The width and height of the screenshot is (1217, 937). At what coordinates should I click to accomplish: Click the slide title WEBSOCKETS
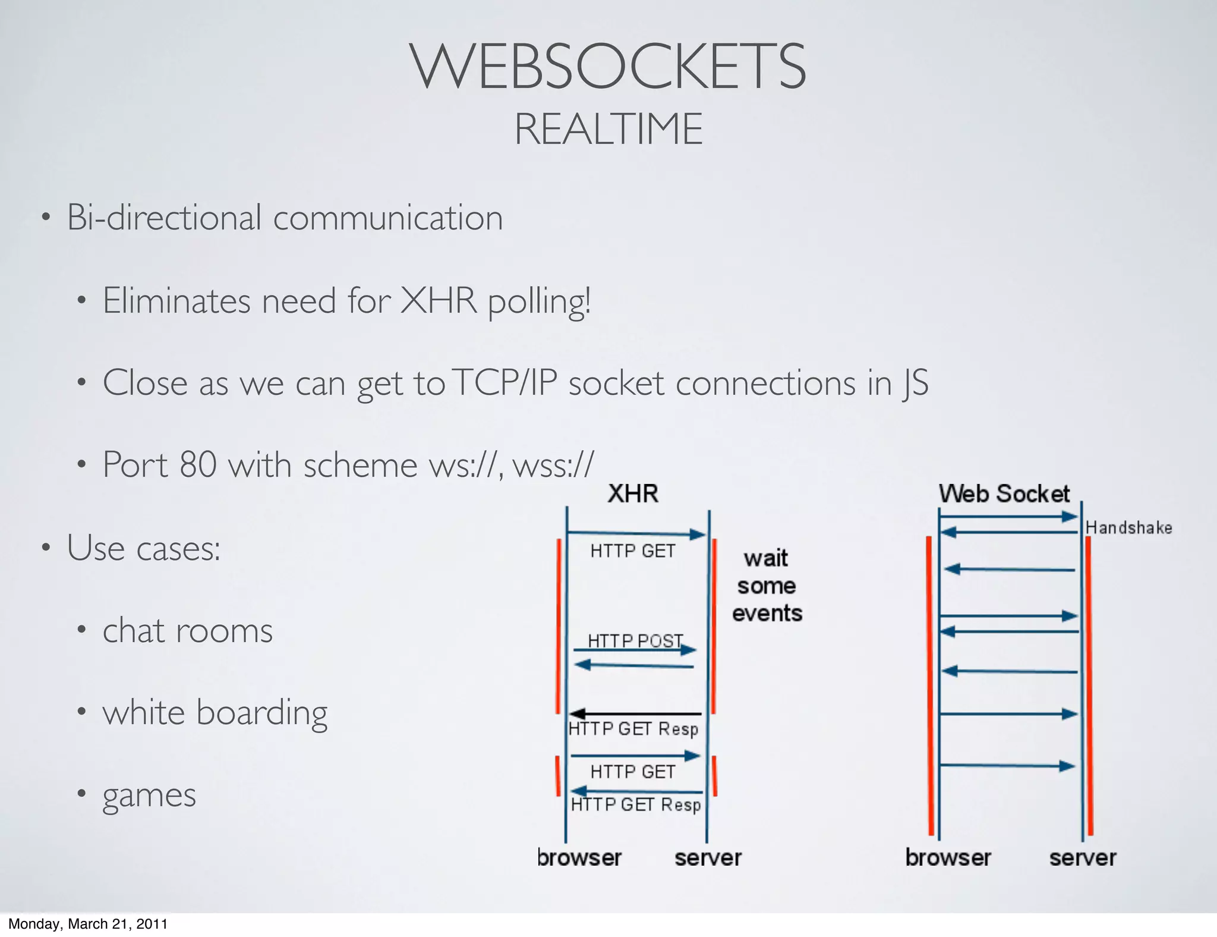point(607,67)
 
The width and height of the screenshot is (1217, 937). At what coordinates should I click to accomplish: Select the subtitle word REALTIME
point(608,129)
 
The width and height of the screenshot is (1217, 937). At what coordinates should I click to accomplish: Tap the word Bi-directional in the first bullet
point(164,218)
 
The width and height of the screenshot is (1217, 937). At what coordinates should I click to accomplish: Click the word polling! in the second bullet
point(539,301)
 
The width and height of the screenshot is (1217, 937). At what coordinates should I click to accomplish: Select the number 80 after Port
point(198,464)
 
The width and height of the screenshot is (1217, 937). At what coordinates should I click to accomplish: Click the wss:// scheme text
point(553,464)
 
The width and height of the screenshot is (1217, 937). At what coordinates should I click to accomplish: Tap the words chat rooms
point(187,630)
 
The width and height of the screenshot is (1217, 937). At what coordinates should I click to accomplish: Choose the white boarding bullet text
point(215,712)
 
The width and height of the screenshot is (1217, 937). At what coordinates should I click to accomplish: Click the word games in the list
point(149,795)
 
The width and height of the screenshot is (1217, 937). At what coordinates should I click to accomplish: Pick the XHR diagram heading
point(633,494)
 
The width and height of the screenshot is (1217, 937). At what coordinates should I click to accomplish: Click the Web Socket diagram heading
point(1004,494)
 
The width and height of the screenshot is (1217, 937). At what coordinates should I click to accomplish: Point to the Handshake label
point(1128,528)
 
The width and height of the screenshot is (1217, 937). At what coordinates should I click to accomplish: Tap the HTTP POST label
point(635,640)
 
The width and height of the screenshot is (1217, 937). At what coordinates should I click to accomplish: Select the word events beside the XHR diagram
point(767,613)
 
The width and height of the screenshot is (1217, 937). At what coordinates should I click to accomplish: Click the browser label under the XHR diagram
point(579,858)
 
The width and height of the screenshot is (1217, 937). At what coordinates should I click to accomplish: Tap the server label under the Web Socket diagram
point(1082,858)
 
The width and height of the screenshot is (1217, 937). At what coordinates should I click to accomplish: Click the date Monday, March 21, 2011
point(88,924)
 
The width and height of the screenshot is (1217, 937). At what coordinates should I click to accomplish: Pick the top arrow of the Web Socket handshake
point(1008,517)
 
